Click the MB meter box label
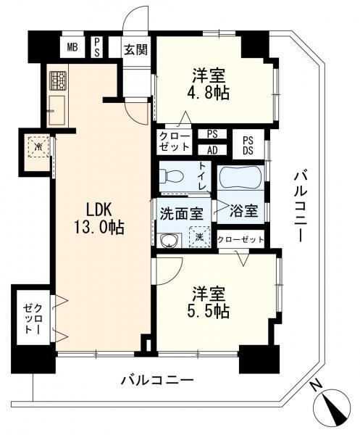point(72,47)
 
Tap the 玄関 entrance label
point(135,49)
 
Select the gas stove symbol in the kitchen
point(58,80)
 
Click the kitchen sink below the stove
point(57,110)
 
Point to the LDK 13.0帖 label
point(99,218)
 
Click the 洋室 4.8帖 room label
point(209,84)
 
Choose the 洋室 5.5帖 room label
point(209,302)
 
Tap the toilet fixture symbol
point(172,176)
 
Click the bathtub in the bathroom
point(240,178)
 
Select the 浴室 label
point(244,211)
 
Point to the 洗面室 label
point(182,214)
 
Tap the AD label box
point(212,150)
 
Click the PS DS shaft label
point(248,146)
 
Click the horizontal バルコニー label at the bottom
point(157,380)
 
